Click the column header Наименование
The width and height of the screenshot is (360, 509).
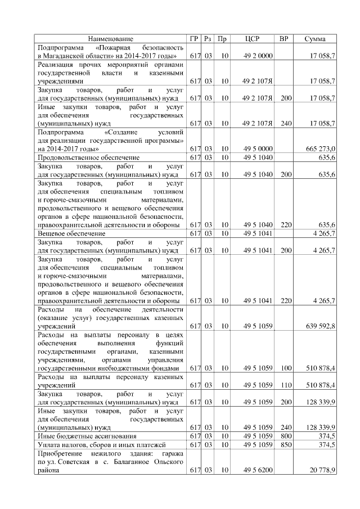tap(111, 39)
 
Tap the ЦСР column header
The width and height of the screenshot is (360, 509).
tap(253, 39)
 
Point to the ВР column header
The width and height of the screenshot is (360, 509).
tap(284, 39)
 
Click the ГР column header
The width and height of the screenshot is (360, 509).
tap(195, 39)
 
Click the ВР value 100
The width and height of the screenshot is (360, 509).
tap(286, 368)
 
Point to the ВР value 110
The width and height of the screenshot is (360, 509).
tap(286, 385)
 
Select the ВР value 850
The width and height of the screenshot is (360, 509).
tap(286, 445)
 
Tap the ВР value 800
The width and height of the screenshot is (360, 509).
tap(286, 436)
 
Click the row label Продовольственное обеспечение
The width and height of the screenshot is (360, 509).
tap(88, 157)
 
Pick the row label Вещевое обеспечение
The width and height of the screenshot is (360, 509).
tap(71, 233)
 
